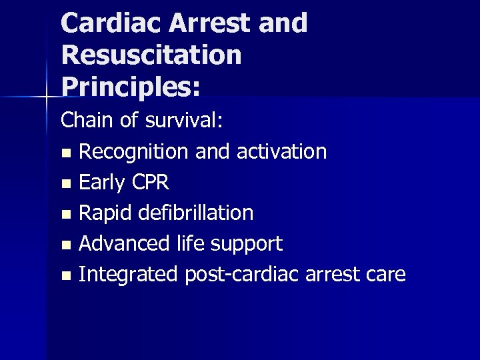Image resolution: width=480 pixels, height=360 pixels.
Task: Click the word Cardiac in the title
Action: click(x=111, y=23)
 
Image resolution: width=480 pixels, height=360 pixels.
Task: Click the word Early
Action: click(x=100, y=182)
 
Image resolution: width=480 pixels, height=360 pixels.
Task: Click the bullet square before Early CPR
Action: click(x=65, y=183)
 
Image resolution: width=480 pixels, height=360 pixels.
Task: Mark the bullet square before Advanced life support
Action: click(x=65, y=245)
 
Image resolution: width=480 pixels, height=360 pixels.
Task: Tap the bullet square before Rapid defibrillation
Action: click(x=65, y=214)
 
